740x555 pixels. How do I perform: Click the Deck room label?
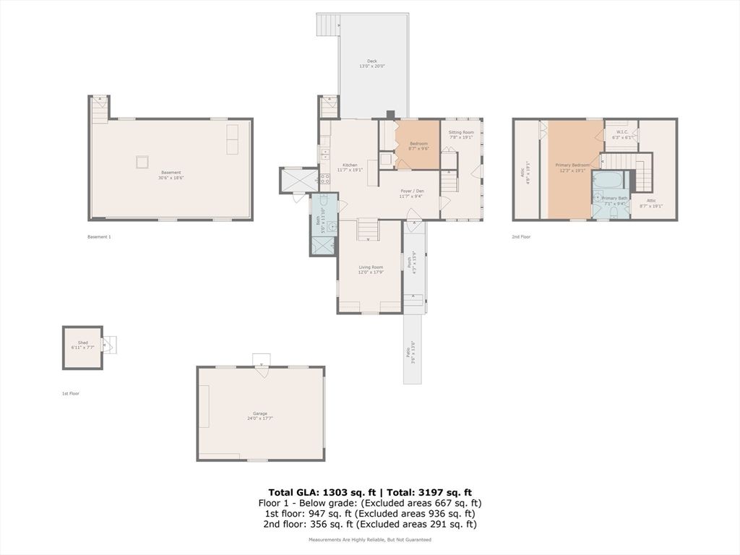tap(372, 61)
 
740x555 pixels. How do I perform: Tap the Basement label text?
tap(171, 173)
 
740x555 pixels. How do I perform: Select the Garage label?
tap(260, 414)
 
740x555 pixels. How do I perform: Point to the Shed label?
tap(83, 343)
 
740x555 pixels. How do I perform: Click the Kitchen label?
tap(330, 165)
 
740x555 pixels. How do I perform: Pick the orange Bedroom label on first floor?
tap(419, 144)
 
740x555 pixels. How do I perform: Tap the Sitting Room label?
tap(461, 133)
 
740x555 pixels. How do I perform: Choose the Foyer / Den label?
tap(412, 192)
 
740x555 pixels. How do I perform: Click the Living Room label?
tap(371, 267)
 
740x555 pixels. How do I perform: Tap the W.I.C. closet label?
tap(621, 132)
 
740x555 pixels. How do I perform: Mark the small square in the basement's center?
tap(142, 162)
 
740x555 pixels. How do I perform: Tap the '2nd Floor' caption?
tap(521, 236)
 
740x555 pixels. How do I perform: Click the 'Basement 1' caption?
tap(99, 236)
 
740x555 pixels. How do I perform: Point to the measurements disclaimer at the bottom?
tap(369, 539)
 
